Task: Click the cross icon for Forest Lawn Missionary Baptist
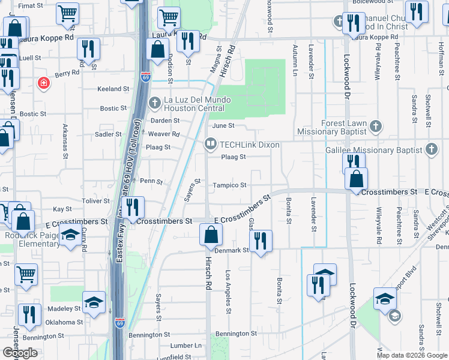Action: click(x=376, y=127)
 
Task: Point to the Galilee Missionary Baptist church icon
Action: click(x=432, y=149)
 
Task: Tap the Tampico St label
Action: click(x=230, y=185)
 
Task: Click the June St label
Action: click(x=223, y=125)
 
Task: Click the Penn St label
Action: click(x=151, y=181)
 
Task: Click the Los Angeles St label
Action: click(x=228, y=292)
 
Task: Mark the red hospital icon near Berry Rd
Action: click(x=43, y=83)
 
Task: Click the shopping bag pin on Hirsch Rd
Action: click(x=211, y=234)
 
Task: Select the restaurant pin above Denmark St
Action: click(x=261, y=241)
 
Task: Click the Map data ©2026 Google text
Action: click(x=411, y=355)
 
